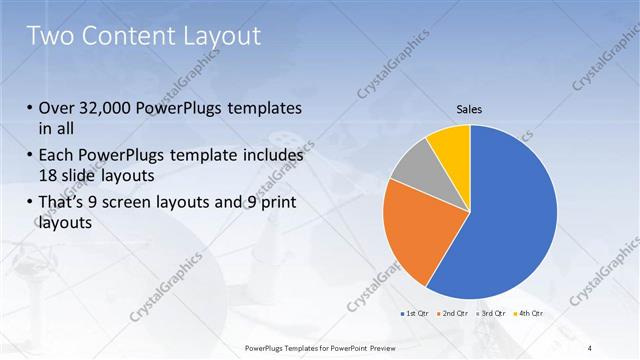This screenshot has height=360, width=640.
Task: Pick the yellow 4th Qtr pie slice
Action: point(452,146)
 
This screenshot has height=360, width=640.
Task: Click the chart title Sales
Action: point(470,108)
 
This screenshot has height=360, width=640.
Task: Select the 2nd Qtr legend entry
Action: point(453,313)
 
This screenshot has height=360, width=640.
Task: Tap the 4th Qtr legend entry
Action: point(530,313)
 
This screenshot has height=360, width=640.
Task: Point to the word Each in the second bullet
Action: point(58,157)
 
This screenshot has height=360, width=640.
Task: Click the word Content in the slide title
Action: point(130,36)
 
